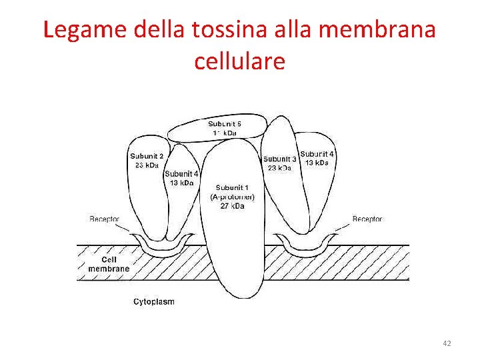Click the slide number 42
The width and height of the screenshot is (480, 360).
(447, 343)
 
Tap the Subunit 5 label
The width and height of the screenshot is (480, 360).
(225, 124)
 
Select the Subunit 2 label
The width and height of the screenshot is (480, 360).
(147, 157)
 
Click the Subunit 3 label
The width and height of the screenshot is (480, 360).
(280, 159)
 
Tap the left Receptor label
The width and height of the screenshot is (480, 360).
(105, 219)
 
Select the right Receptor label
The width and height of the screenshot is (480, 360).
(367, 219)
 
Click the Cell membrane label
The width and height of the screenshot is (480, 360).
(109, 264)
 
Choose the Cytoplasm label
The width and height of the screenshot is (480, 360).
(154, 302)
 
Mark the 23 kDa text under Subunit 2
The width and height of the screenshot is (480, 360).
(147, 165)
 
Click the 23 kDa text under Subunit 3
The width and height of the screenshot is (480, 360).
(280, 169)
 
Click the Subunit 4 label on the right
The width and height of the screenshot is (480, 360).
(317, 154)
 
